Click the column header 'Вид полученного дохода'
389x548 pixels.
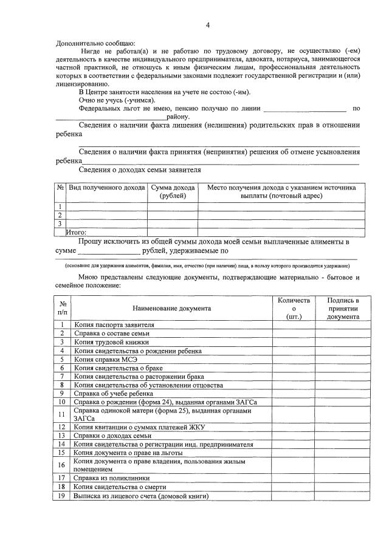point(106,188)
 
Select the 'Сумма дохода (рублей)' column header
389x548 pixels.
point(173,192)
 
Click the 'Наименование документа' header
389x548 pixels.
point(172,308)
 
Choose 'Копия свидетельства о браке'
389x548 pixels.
point(115,368)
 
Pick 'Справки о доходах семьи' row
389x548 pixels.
point(112,436)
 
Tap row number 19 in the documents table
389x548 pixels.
point(62,496)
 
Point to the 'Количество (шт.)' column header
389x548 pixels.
point(294,308)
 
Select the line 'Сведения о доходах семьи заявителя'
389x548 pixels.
point(140,170)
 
